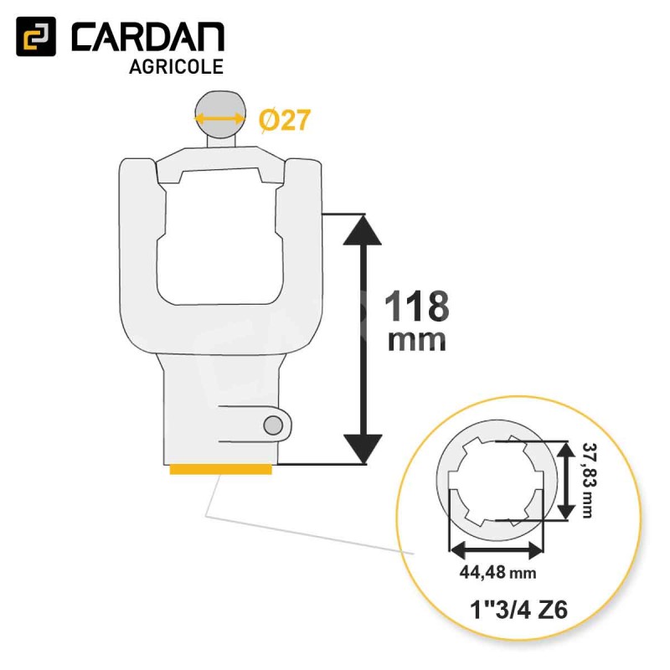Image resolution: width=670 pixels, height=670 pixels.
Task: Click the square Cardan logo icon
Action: (36, 36)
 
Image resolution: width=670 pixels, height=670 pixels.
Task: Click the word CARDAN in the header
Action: (148, 37)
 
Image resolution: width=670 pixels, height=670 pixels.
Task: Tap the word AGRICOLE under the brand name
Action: (176, 67)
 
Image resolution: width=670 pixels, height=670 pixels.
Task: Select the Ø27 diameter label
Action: (284, 120)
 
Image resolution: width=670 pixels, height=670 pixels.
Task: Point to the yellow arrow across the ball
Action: (220, 117)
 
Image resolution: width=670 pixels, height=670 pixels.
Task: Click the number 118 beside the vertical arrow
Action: (417, 306)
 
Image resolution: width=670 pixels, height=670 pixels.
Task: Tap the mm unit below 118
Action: (416, 341)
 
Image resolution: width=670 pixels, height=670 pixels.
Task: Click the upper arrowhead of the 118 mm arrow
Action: (363, 230)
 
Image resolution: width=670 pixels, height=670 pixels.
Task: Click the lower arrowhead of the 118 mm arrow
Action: (363, 449)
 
